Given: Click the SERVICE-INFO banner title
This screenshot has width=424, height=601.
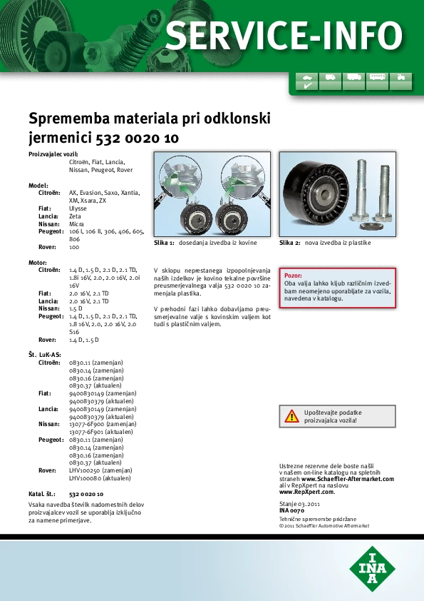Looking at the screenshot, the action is (284, 36).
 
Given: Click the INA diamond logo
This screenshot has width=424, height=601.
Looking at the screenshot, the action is (372, 569).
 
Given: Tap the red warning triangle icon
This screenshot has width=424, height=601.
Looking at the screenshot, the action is (291, 416).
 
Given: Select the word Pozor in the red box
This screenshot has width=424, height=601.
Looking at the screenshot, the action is (293, 276).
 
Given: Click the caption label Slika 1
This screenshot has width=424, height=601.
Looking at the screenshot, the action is (164, 243).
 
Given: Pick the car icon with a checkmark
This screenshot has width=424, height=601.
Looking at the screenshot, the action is (307, 81).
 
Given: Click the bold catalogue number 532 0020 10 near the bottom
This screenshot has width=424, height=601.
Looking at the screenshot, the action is (86, 494).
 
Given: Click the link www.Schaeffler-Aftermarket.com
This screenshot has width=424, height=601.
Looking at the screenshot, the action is (348, 479).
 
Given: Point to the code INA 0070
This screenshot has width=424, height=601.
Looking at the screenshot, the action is (291, 510).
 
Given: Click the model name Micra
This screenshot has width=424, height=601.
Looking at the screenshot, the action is (76, 224).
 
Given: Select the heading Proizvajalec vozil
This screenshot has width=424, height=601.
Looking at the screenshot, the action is (53, 154).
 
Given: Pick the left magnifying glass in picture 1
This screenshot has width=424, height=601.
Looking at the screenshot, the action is (180, 176).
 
